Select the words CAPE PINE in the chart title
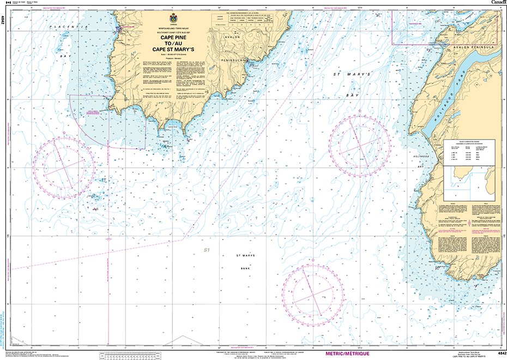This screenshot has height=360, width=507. click(x=173, y=38)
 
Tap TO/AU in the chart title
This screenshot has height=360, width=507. click(x=173, y=43)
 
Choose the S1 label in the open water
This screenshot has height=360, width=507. click(x=207, y=250)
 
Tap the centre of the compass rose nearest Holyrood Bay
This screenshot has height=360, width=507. click(x=359, y=145)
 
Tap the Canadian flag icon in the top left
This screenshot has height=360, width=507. click(x=8, y=3)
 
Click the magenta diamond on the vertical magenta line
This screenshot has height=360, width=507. click(x=108, y=239)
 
